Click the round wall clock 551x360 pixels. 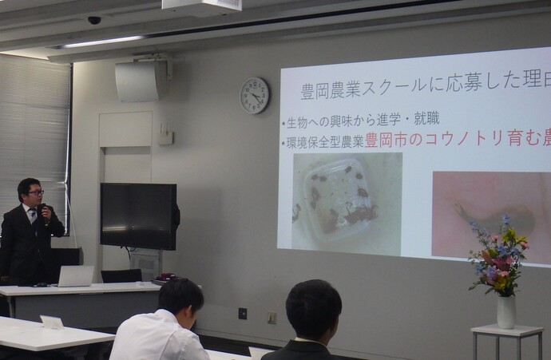[254, 95]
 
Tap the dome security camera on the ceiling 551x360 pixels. [94, 20]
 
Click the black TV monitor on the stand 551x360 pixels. [138, 216]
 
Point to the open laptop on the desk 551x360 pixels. [75, 276]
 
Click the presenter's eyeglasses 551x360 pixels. [35, 192]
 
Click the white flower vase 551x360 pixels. [505, 311]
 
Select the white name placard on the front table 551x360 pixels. [52, 322]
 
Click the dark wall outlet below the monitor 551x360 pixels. [243, 313]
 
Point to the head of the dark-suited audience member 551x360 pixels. [313, 308]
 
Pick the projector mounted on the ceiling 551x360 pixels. [201, 6]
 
